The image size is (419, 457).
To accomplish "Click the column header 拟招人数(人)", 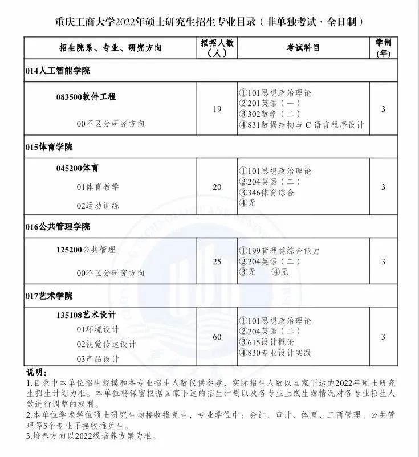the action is (x=217, y=48).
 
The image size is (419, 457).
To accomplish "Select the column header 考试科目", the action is (x=303, y=48).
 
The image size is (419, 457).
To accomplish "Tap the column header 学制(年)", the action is (x=383, y=48).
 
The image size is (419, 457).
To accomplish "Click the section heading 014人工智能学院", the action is (x=58, y=71).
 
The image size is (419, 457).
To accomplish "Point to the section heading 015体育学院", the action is (x=49, y=147).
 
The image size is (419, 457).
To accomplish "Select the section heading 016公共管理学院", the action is (x=58, y=227).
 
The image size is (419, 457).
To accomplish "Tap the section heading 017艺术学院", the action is (x=49, y=296).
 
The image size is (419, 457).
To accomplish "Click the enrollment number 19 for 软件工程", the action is (x=217, y=109).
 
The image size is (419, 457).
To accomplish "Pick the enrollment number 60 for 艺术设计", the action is (x=217, y=337).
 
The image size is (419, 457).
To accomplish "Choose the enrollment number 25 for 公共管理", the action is (x=217, y=262).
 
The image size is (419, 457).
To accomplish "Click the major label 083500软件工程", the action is (x=86, y=97).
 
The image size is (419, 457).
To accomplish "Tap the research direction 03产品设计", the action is (x=98, y=359).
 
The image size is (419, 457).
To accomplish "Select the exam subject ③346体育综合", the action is (x=267, y=193).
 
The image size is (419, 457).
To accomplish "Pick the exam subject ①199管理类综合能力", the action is (x=280, y=251).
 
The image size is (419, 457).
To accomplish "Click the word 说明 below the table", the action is (x=38, y=372).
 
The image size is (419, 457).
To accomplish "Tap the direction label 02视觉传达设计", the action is (x=107, y=344).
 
